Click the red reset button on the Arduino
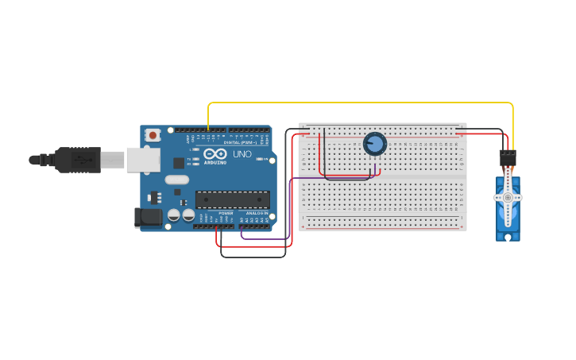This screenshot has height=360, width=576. (x=153, y=135)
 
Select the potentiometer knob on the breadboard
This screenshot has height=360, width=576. (x=375, y=144)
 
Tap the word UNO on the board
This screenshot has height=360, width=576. (x=242, y=154)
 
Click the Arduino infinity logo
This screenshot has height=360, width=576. (x=215, y=154)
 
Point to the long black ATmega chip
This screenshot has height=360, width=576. (x=232, y=199)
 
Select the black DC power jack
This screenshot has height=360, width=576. (x=147, y=217)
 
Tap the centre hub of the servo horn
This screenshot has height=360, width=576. (x=508, y=197)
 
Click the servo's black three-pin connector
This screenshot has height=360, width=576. (x=508, y=158)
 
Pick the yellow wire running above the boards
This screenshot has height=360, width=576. (x=358, y=103)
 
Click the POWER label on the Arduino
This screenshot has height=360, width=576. (x=226, y=213)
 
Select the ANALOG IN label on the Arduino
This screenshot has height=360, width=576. (x=255, y=213)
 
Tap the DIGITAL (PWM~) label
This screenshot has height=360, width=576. (x=239, y=142)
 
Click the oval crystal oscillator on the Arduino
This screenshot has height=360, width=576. (x=176, y=180)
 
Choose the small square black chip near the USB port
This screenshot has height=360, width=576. (x=179, y=162)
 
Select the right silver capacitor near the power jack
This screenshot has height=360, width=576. (x=188, y=215)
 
